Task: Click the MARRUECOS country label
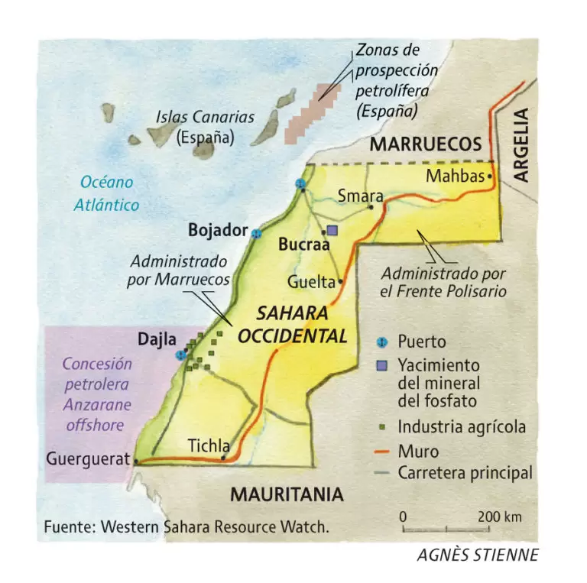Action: point(426,145)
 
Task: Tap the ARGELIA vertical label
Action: point(521,144)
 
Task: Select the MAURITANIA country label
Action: point(287,494)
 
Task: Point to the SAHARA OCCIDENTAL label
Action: point(292,325)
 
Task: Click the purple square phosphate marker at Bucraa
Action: point(332,230)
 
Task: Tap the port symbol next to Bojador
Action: point(257,233)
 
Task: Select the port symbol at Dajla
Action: point(181,355)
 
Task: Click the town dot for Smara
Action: point(371,206)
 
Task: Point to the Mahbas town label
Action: point(456,177)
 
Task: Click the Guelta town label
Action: point(311,282)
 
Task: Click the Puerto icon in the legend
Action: point(384,341)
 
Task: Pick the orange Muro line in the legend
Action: point(384,452)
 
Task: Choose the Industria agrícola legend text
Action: point(462,426)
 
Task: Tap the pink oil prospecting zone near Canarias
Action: point(310,113)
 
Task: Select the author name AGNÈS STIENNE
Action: point(477,555)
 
